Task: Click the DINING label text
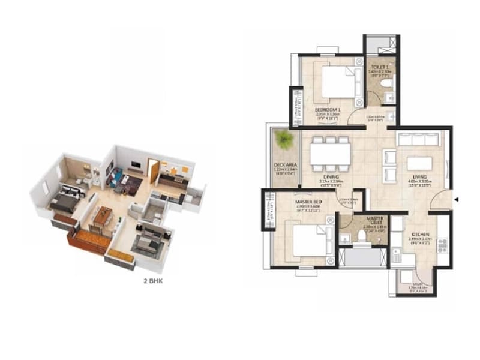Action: tap(331, 177)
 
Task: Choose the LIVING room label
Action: tap(419, 176)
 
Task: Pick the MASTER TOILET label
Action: tap(375, 220)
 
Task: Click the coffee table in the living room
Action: tap(419, 163)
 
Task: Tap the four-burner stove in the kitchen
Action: tap(443, 245)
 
